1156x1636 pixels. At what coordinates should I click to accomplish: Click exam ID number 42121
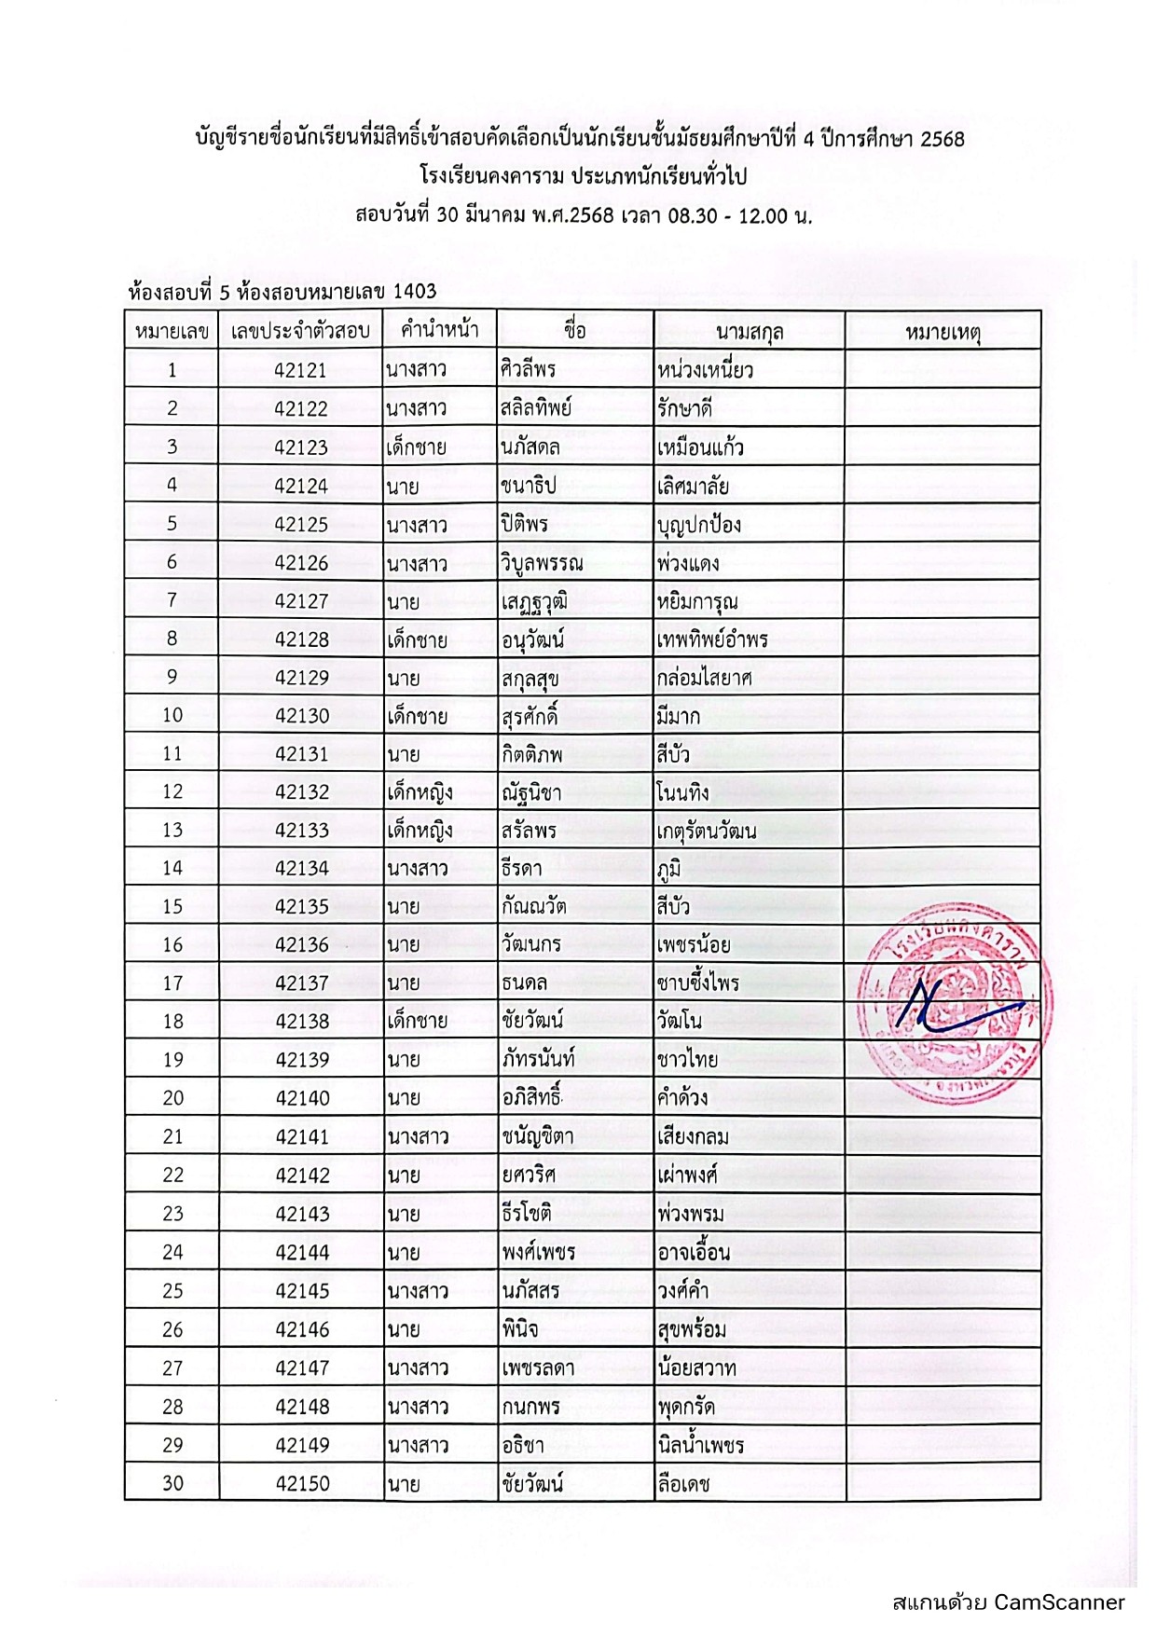click(300, 370)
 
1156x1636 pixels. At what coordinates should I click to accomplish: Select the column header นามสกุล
click(749, 332)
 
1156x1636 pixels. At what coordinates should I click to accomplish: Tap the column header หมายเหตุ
click(943, 332)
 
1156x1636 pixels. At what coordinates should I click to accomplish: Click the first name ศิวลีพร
click(529, 369)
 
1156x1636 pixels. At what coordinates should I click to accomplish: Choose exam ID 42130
click(301, 716)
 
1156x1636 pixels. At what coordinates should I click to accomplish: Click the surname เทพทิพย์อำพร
click(712, 639)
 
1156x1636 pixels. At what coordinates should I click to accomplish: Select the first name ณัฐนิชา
click(531, 792)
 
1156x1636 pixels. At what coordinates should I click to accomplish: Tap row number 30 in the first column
click(172, 1483)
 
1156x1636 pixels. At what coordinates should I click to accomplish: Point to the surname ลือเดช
click(683, 1483)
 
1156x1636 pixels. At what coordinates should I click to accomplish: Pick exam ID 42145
click(302, 1291)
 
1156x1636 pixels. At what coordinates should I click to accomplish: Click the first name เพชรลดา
click(537, 1368)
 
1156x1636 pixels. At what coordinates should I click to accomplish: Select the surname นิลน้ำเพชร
click(700, 1445)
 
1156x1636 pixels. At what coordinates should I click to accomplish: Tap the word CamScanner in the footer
click(1059, 1602)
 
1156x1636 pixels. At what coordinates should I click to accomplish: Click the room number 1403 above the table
click(414, 292)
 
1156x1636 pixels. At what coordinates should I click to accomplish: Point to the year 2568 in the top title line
click(942, 140)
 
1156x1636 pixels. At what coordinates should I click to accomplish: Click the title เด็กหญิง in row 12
click(420, 792)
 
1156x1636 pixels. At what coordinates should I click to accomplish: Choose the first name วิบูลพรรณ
click(542, 563)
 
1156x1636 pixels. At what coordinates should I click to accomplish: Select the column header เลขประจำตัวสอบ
click(300, 332)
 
